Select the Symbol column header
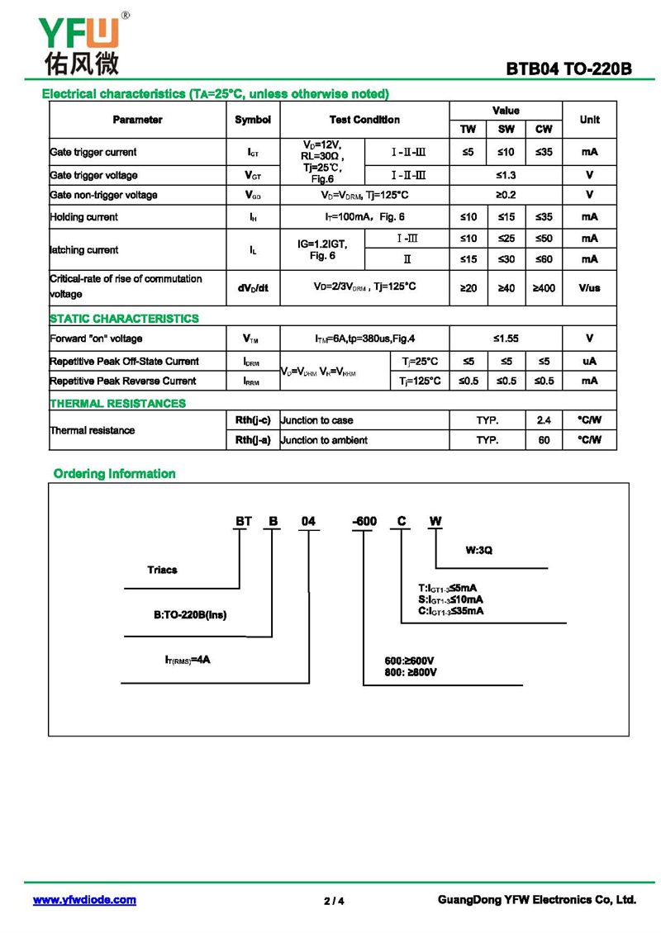pyautogui.click(x=253, y=120)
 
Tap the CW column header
pyautogui.click(x=544, y=129)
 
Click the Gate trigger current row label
pyautogui.click(x=93, y=152)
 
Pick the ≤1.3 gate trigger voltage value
pyautogui.click(x=506, y=175)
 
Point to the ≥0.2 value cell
pyautogui.click(x=506, y=195)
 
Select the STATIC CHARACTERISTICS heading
pyautogui.click(x=124, y=319)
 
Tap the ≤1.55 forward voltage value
pyautogui.click(x=506, y=339)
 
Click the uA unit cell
pyautogui.click(x=589, y=361)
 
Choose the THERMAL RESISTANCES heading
pyautogui.click(x=117, y=404)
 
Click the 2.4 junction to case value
pyautogui.click(x=544, y=420)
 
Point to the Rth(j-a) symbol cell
pyautogui.click(x=253, y=440)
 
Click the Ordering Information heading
pyautogui.click(x=114, y=474)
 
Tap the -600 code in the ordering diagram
pyautogui.click(x=364, y=521)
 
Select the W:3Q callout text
pyautogui.click(x=479, y=551)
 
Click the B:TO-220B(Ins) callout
pyautogui.click(x=189, y=615)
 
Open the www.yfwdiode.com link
pyautogui.click(x=84, y=900)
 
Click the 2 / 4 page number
pyautogui.click(x=334, y=901)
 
